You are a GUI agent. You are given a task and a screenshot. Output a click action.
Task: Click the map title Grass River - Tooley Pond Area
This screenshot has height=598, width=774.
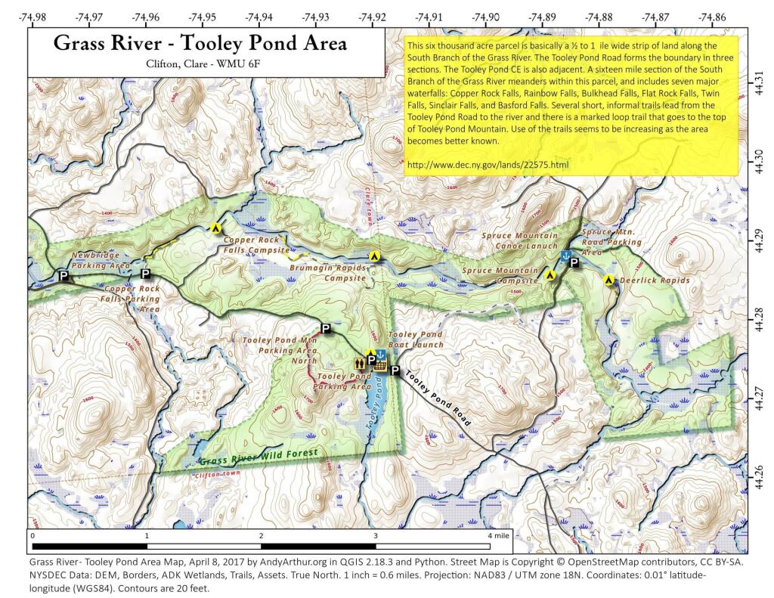click(200, 43)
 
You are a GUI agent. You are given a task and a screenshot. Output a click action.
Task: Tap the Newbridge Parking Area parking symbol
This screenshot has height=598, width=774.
click(64, 277)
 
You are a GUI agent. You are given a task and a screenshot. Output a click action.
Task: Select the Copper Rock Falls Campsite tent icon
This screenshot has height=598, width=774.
click(215, 227)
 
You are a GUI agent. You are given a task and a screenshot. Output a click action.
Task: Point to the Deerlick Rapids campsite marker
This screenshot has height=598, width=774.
click(608, 280)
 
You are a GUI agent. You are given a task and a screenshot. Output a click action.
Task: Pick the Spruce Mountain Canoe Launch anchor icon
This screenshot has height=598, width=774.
click(564, 256)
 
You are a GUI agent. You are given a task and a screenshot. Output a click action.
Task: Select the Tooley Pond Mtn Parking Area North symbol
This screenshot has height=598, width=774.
click(326, 328)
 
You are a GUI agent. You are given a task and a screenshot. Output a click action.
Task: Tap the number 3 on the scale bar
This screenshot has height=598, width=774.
click(375, 535)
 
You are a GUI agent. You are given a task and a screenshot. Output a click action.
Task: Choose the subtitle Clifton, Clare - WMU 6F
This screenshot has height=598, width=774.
click(200, 64)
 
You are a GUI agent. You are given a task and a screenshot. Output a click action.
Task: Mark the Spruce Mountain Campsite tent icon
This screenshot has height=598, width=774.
click(551, 276)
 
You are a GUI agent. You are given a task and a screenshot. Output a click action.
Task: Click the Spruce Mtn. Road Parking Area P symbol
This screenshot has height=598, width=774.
click(574, 263)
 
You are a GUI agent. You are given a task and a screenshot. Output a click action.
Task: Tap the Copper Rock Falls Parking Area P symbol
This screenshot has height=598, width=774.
click(146, 274)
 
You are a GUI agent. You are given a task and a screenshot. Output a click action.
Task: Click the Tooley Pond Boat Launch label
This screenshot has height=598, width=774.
click(415, 339)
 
